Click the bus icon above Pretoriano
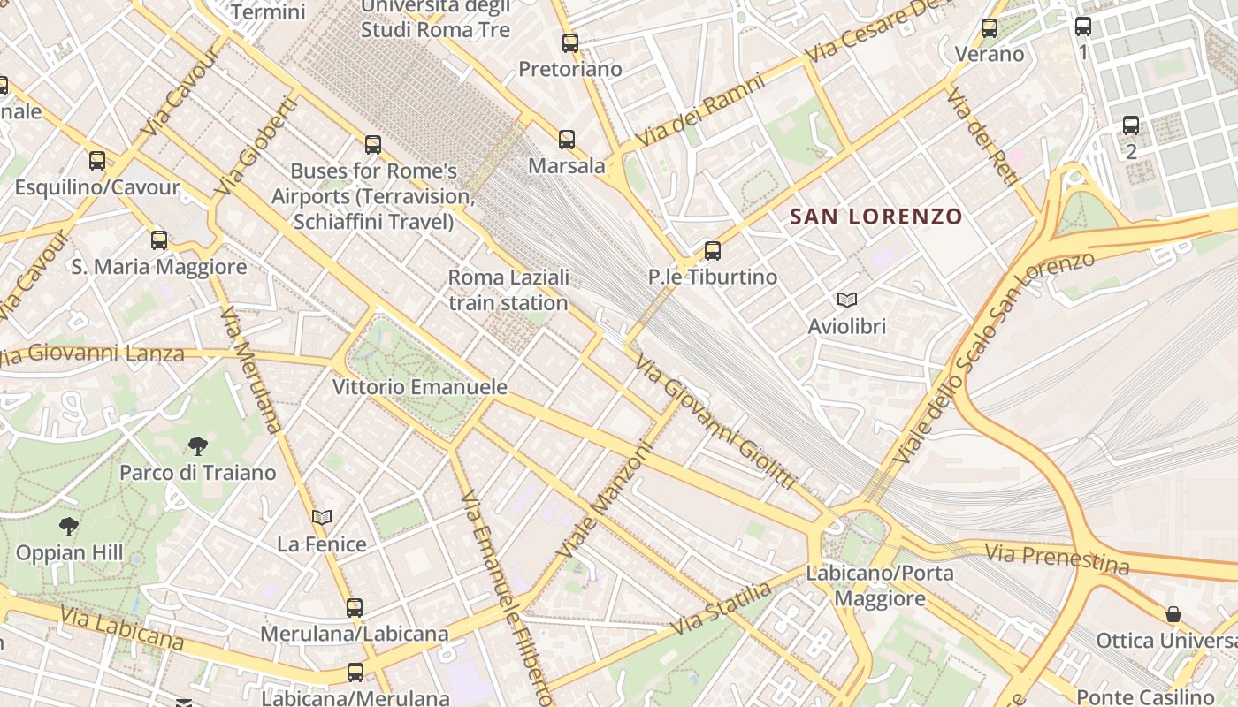(x=570, y=42)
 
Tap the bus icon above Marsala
(x=567, y=139)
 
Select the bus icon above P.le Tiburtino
(x=713, y=250)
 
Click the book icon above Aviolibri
(x=847, y=300)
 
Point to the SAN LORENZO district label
(x=875, y=217)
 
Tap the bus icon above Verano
(x=990, y=28)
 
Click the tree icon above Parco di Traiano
(x=198, y=446)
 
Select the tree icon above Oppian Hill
(x=69, y=528)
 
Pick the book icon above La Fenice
(x=322, y=517)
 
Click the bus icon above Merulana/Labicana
(x=355, y=607)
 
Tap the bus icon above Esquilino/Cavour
(x=97, y=161)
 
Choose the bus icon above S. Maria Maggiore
(x=159, y=239)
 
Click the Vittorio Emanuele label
(x=420, y=387)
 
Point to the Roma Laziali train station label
(x=508, y=290)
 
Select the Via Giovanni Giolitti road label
(x=715, y=422)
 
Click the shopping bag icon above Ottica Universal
(x=1173, y=614)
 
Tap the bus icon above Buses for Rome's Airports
(x=373, y=144)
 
